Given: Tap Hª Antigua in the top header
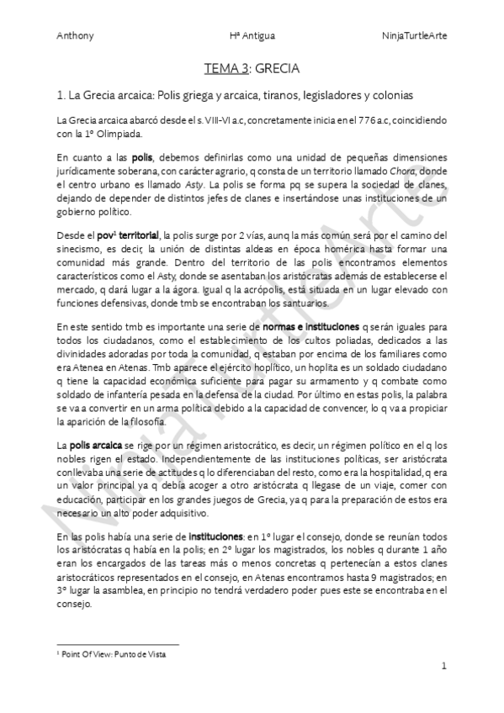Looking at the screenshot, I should tap(251, 36).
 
